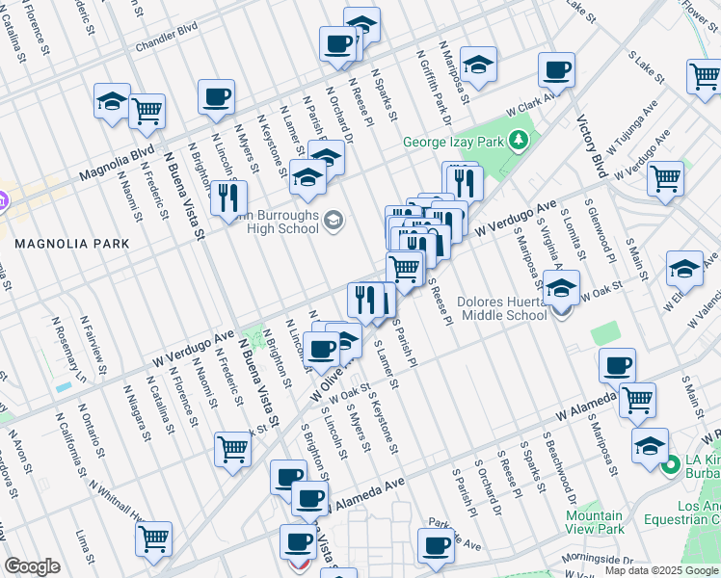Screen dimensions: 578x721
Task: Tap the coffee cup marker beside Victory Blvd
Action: tap(556, 70)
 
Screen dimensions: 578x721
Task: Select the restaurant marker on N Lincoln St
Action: tap(224, 197)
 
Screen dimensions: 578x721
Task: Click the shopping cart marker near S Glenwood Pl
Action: tap(664, 178)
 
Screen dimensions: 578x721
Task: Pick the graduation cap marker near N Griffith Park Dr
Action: tap(477, 65)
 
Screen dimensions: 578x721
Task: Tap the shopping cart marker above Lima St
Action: tap(153, 539)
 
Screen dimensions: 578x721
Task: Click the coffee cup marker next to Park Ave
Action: tap(436, 546)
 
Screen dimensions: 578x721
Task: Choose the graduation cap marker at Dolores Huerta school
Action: tap(561, 287)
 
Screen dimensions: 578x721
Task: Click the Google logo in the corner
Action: tap(33, 566)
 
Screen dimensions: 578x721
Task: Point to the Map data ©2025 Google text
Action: tap(661, 570)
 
